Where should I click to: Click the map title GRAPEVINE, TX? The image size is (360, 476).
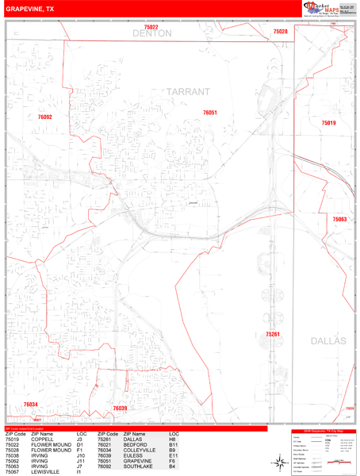point(30,10)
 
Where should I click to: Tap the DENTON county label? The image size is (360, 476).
point(151,34)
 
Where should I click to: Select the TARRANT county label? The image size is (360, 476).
point(188,92)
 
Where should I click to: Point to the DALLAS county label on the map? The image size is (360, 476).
point(328,340)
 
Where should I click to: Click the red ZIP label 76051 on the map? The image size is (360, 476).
point(210,113)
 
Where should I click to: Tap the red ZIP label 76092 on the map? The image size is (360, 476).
point(45,117)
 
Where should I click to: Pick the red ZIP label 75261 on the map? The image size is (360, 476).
point(273,334)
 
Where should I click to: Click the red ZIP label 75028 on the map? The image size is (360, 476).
point(280,32)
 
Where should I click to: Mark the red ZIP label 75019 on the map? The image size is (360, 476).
point(328,123)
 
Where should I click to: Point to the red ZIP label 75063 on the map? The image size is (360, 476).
point(339,219)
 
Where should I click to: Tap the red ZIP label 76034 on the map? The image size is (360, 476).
point(30,404)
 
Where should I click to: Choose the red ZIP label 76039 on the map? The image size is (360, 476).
point(120,408)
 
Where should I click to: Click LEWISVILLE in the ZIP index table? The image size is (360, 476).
point(45,472)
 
